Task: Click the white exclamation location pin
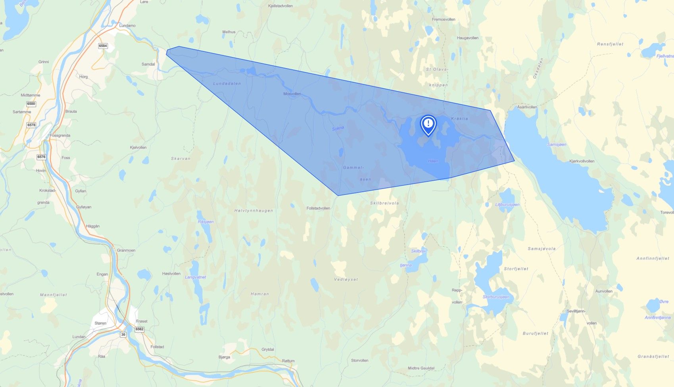point(428,124)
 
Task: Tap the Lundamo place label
point(127,25)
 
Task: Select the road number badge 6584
point(103,46)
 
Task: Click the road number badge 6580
point(31,104)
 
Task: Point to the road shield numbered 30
point(123,335)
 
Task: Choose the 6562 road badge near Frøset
point(139,329)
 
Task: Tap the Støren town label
point(100,323)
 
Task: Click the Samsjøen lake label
point(557,145)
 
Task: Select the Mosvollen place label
point(292,94)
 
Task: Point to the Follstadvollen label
point(318,208)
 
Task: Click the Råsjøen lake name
point(205,222)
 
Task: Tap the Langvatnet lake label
point(195,277)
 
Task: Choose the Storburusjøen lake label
point(496,297)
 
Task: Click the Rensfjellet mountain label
point(610,44)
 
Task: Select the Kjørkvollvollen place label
point(582,161)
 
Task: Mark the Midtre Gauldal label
point(421,368)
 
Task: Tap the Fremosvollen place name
point(444,19)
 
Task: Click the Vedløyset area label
point(346,279)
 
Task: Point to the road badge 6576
point(41,157)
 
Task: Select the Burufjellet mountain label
point(536,334)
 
